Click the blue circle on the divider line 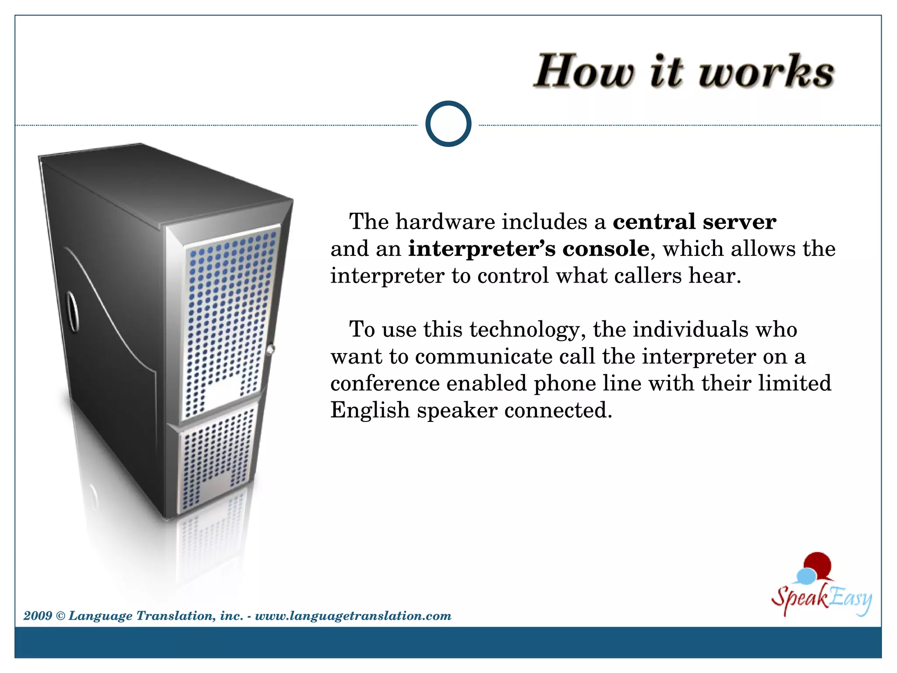(448, 124)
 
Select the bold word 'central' (654, 222)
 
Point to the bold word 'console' (606, 249)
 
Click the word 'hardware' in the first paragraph (445, 222)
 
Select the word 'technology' (528, 330)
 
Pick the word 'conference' (385, 384)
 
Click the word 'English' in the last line (370, 411)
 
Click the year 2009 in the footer (38, 616)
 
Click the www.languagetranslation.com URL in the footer (353, 616)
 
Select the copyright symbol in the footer (60, 616)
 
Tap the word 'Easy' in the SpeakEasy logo (850, 599)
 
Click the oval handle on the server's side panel (72, 312)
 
